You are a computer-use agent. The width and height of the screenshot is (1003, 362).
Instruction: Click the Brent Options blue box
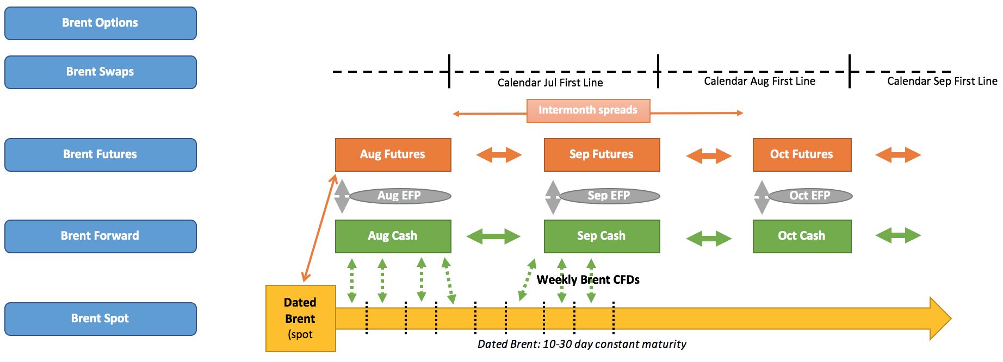click(100, 23)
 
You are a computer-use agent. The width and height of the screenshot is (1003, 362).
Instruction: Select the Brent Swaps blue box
click(100, 72)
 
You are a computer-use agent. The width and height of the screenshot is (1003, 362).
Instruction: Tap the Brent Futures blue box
click(100, 155)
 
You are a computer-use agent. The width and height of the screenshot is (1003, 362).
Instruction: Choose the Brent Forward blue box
click(100, 236)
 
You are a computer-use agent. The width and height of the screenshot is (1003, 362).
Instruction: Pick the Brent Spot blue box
click(100, 319)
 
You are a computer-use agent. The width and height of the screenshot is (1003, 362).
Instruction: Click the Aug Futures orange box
click(393, 155)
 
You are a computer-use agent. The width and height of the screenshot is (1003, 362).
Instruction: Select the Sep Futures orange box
click(602, 155)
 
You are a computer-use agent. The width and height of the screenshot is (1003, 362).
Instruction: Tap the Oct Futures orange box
click(802, 155)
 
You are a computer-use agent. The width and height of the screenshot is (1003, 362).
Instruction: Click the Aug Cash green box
click(393, 236)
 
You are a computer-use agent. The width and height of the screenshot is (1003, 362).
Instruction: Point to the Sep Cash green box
click(602, 236)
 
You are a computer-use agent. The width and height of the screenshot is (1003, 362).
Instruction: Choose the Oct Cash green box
click(802, 236)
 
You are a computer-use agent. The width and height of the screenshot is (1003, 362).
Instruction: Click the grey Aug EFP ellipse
click(400, 196)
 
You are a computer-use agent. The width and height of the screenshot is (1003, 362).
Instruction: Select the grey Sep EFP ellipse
click(609, 196)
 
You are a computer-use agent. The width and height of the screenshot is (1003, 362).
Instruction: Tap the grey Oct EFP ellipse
click(810, 196)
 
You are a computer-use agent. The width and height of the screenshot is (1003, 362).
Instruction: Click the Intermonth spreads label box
click(588, 110)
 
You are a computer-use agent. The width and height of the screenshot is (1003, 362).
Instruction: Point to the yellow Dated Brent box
click(300, 319)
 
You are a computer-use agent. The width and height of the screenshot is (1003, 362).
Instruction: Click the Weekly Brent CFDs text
click(588, 280)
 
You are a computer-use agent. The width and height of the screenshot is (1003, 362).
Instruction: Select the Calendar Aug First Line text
click(759, 82)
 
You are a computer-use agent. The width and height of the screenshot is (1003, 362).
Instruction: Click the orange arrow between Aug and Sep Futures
click(499, 155)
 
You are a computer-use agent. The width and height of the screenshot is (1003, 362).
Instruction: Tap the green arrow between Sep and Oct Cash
click(709, 238)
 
